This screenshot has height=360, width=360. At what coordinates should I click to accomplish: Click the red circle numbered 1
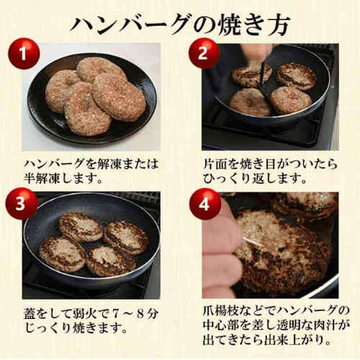coord(24,53)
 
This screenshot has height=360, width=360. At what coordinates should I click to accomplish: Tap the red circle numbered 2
coord(204,53)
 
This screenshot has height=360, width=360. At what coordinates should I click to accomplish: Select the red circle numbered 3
coord(22,204)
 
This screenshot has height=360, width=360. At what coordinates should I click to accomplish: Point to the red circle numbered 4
coord(205,204)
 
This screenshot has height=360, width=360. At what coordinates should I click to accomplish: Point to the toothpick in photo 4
coord(253,243)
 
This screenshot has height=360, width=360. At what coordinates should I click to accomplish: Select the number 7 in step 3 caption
coord(115,314)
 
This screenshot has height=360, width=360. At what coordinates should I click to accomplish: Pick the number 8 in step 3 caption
coord(140,314)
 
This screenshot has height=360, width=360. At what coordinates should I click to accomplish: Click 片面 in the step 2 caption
coord(215,164)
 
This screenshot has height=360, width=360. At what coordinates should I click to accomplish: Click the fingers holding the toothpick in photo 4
coord(221,247)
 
